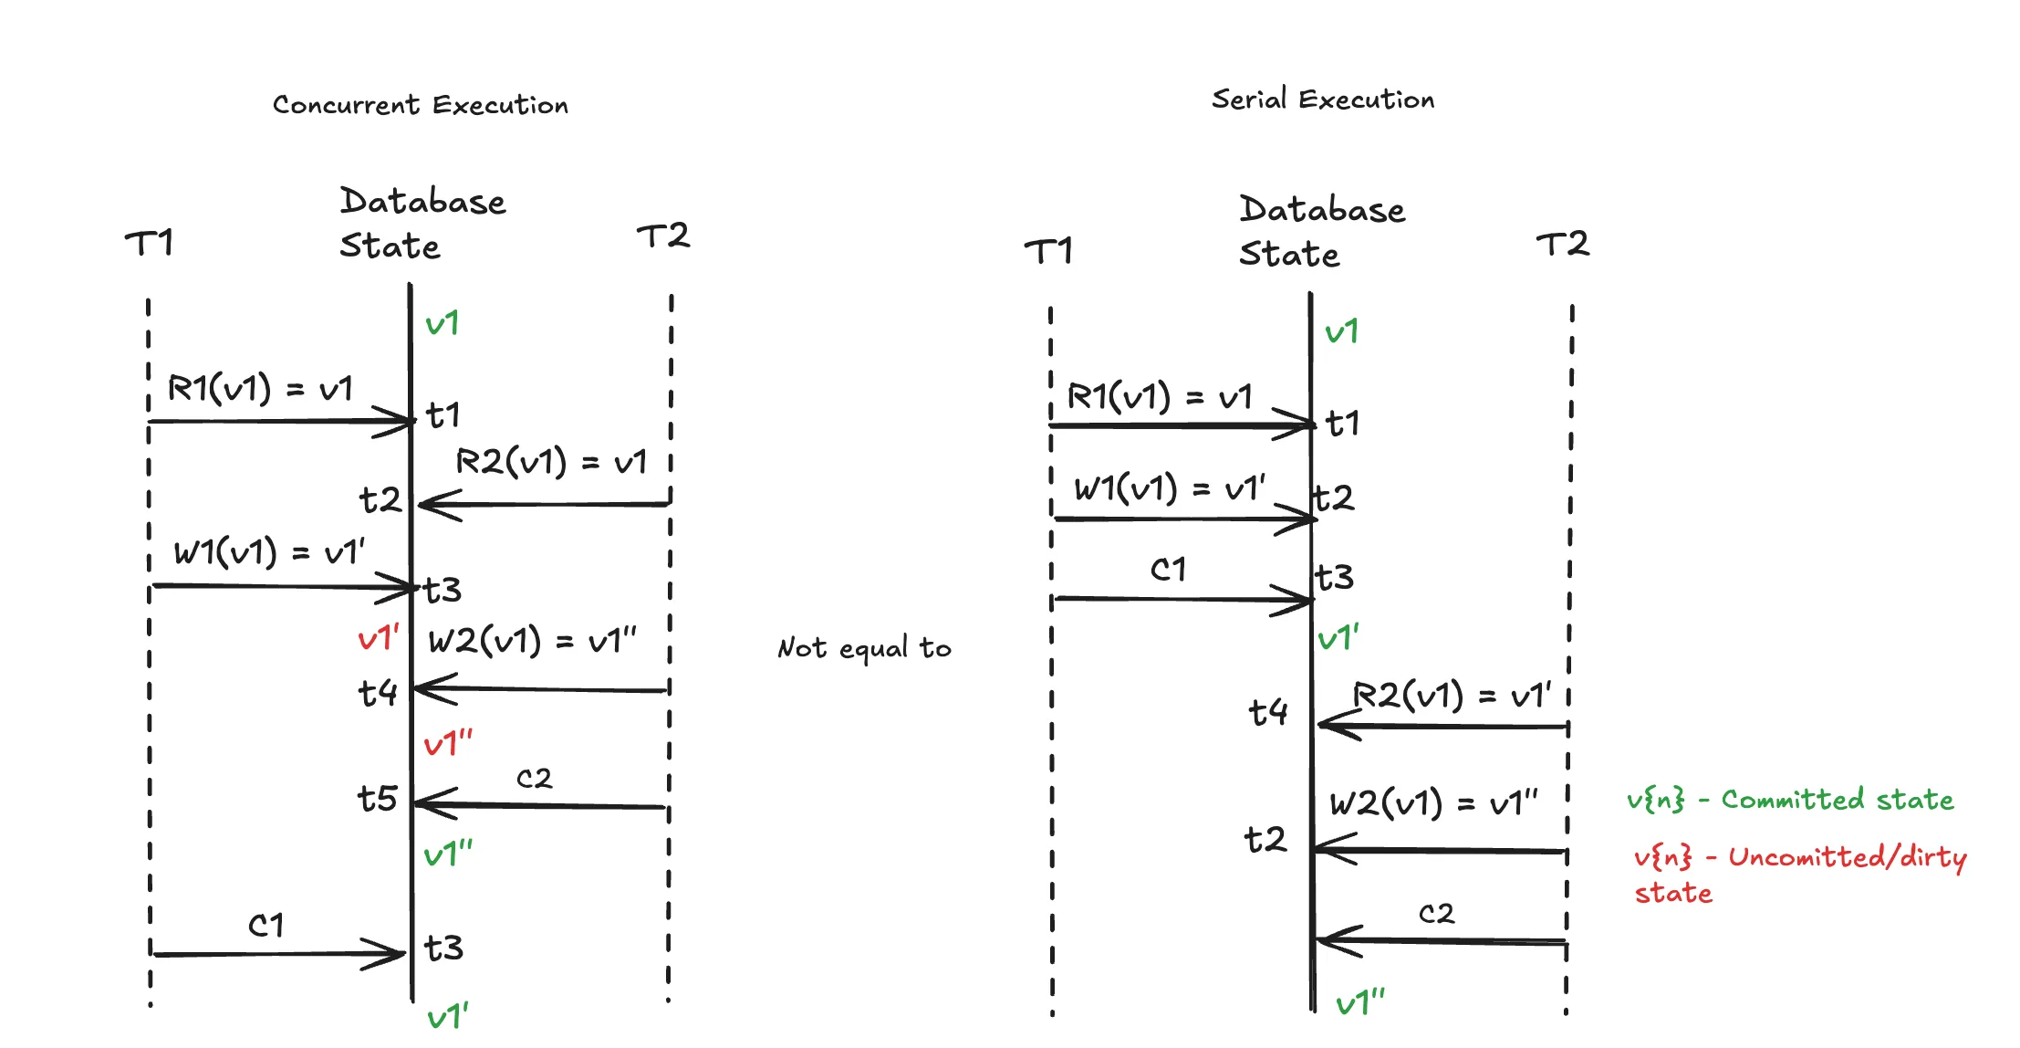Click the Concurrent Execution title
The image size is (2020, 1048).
pyautogui.click(x=420, y=105)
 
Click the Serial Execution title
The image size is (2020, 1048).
pyautogui.click(x=1322, y=99)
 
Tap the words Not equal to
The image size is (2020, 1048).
pyautogui.click(x=863, y=648)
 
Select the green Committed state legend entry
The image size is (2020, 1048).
pyautogui.click(x=1789, y=801)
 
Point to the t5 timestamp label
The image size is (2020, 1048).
pyautogui.click(x=377, y=799)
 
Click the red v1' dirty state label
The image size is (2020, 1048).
pyautogui.click(x=378, y=637)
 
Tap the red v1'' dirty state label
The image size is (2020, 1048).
pyautogui.click(x=448, y=743)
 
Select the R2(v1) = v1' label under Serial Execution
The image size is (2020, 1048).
pyautogui.click(x=1451, y=696)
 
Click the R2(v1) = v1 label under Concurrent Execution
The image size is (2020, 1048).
pyautogui.click(x=551, y=462)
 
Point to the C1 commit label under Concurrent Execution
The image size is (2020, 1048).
pyautogui.click(x=266, y=926)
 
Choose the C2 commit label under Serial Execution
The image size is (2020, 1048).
pyautogui.click(x=1436, y=914)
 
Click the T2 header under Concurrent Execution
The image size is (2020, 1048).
pyautogui.click(x=663, y=236)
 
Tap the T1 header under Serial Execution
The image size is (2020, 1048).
pyautogui.click(x=1048, y=251)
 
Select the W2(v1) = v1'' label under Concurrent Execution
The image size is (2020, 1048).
pyautogui.click(x=532, y=641)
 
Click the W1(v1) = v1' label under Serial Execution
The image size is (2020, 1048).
pyautogui.click(x=1170, y=489)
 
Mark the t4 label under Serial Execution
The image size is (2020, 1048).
pyautogui.click(x=1268, y=712)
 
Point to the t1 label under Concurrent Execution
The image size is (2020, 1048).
pyautogui.click(x=443, y=416)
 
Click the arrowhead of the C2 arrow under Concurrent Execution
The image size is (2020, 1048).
pyautogui.click(x=422, y=803)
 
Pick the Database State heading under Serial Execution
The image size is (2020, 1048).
pyautogui.click(x=1320, y=232)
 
